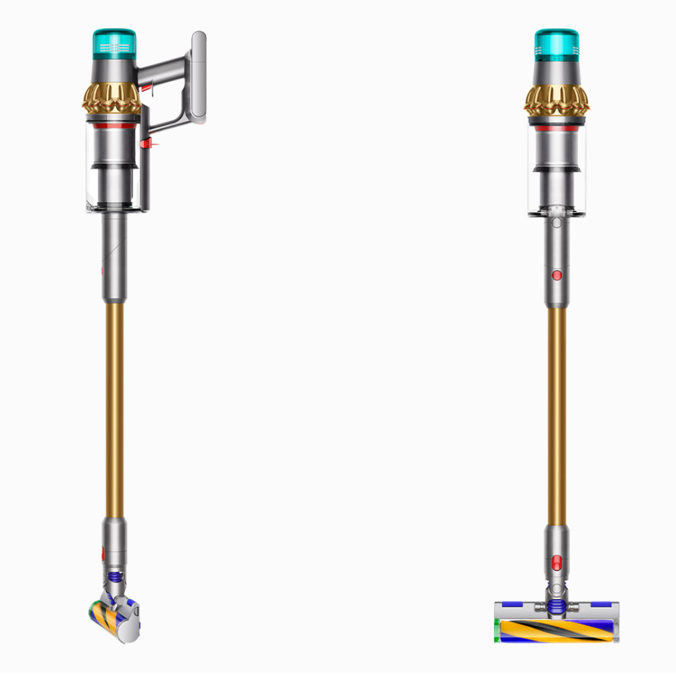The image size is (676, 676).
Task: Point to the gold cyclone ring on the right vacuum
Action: (556, 99)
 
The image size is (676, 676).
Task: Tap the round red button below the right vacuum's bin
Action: (556, 275)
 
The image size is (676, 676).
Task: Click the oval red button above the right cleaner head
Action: (556, 561)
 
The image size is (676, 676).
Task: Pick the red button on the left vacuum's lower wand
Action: (103, 554)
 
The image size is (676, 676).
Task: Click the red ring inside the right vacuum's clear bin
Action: (556, 126)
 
